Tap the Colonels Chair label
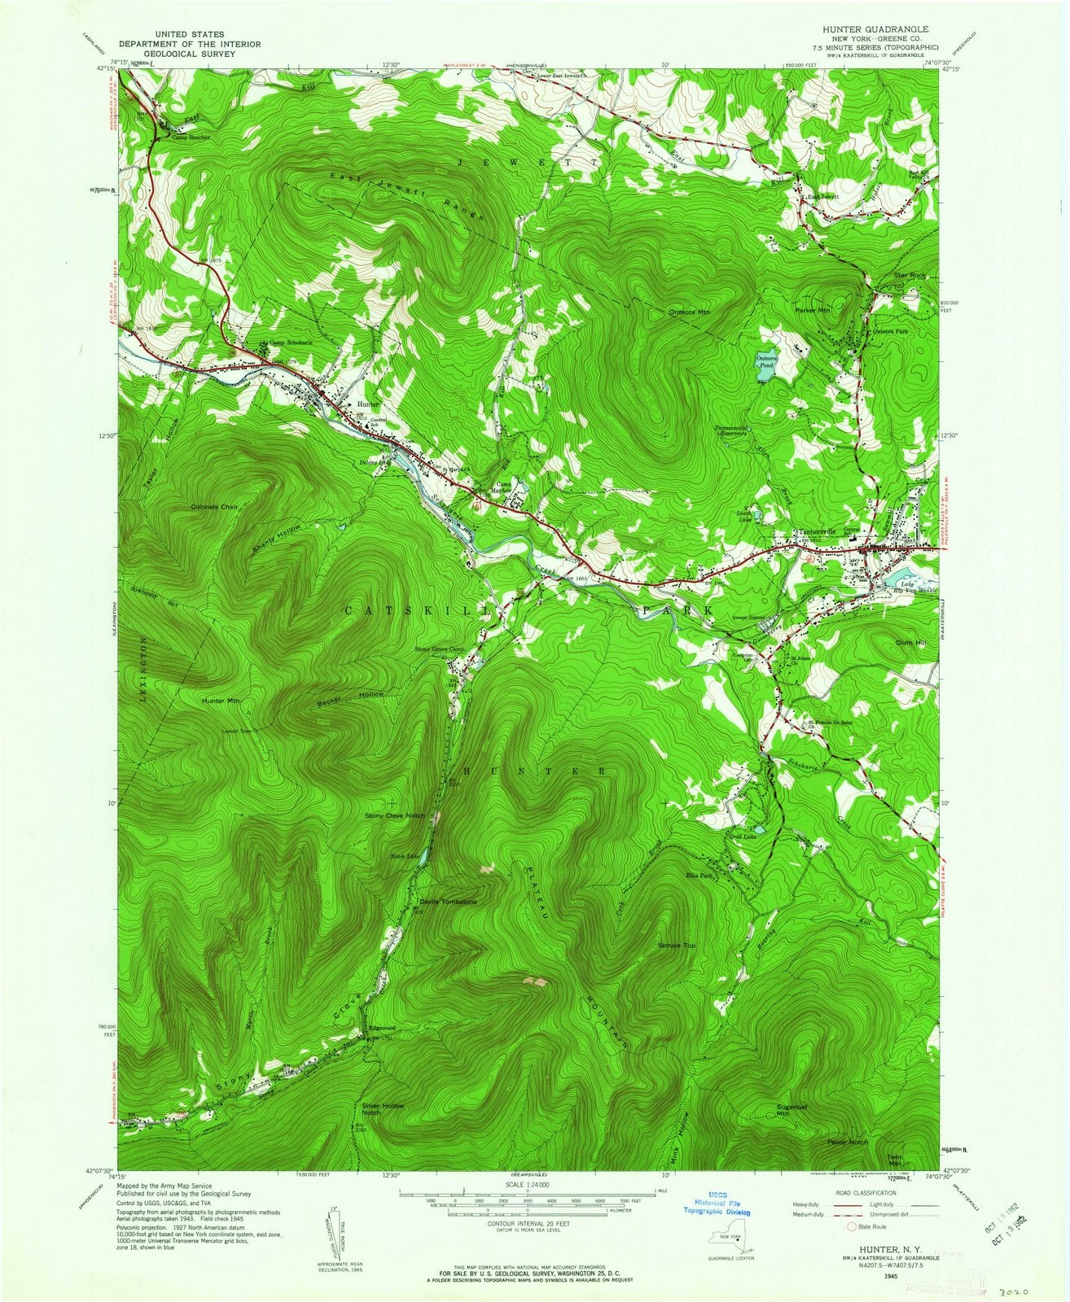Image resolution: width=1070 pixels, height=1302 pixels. click(x=213, y=507)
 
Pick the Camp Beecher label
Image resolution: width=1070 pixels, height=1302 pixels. click(x=191, y=138)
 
